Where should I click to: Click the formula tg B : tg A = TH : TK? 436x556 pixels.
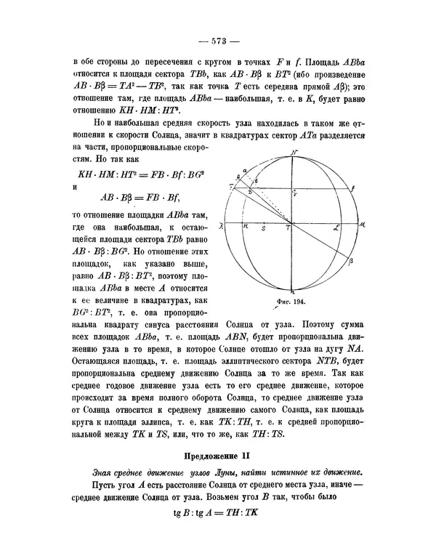click(218, 512)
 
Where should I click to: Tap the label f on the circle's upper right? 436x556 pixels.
click(352, 188)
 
